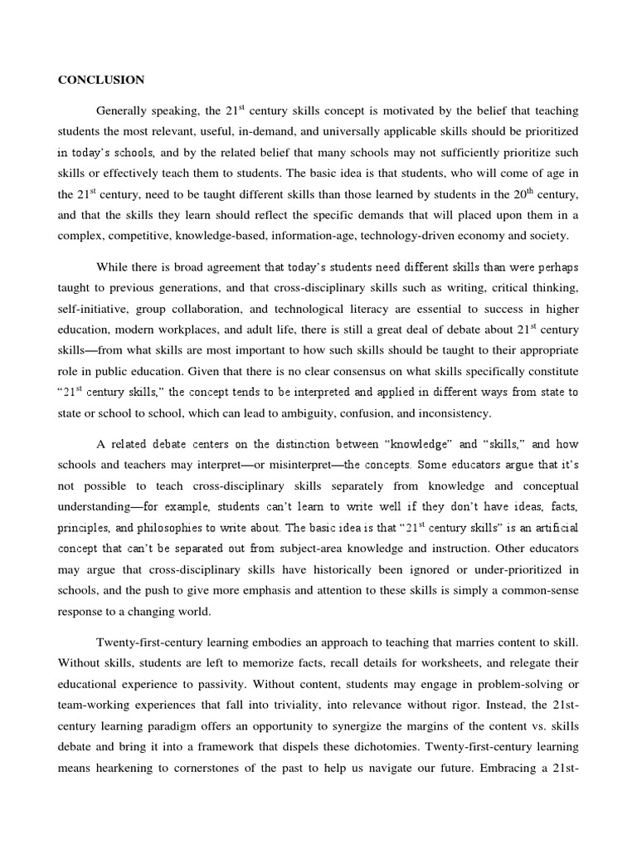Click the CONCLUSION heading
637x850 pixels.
coord(101,80)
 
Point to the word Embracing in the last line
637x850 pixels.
coord(505,768)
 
